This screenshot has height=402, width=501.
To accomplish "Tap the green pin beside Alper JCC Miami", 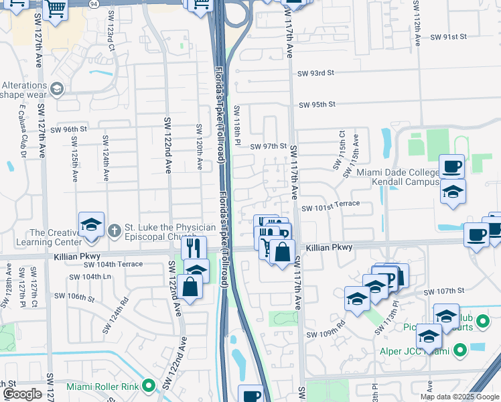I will click(x=459, y=350).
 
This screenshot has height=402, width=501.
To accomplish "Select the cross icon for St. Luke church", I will click(x=115, y=230).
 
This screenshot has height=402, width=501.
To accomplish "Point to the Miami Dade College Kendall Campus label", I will click(x=399, y=178).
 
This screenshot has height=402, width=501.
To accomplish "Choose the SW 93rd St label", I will click(x=316, y=72).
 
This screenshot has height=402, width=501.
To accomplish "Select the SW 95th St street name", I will click(x=317, y=105).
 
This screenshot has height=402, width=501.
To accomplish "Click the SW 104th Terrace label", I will click(x=113, y=265).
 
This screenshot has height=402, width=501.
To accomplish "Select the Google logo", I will click(x=22, y=394).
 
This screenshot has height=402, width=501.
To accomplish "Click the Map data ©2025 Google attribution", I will click(x=459, y=397).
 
